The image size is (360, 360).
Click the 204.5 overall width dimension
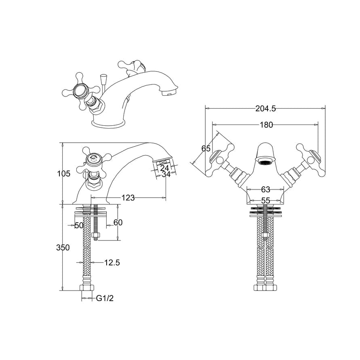[265, 108]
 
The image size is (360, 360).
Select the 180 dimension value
[266, 125]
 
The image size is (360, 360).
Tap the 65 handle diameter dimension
[206, 148]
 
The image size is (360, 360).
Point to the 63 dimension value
[265, 189]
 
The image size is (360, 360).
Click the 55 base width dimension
[265, 200]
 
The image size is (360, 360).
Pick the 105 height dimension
[64, 174]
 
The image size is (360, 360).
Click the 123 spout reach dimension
[128, 198]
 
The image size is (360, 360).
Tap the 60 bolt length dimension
[118, 223]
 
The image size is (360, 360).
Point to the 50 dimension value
[79, 225]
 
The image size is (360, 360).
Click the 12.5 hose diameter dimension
[112, 263]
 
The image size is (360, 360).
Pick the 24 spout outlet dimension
[164, 168]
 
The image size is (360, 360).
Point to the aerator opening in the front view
[265, 163]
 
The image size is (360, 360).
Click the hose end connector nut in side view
[87, 288]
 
